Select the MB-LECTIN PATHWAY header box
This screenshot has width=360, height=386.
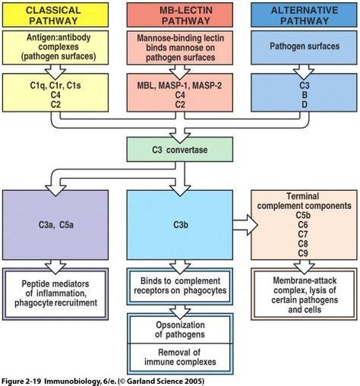coord(180,16)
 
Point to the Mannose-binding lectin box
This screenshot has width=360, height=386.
coord(180,46)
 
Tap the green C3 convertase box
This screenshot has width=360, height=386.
coord(180,150)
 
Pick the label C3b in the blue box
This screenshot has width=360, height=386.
coord(180,226)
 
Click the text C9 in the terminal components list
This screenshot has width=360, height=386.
coord(302,252)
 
